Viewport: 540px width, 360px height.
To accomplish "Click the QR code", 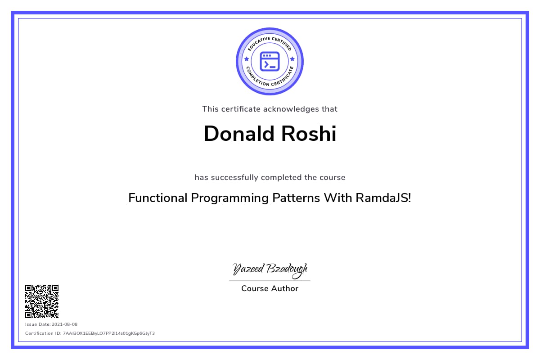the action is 42,301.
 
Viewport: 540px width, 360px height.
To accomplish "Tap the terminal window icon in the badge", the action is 270,62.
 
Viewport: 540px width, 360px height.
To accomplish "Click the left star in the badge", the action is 247,59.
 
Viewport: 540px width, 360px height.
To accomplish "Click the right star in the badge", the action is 292,59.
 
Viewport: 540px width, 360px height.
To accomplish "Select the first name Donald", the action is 239,133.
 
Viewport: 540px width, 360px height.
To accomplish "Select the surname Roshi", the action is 309,133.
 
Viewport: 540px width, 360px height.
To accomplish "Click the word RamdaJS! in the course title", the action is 383,198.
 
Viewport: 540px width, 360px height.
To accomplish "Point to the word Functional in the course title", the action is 158,198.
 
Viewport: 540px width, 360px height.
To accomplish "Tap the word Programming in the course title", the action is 230,198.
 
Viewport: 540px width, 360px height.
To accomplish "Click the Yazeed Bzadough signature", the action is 270,270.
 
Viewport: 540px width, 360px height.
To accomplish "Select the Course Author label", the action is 270,288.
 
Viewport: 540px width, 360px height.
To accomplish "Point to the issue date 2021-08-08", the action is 65,324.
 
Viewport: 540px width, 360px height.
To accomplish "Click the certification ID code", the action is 109,333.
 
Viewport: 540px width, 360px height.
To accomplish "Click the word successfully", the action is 234,178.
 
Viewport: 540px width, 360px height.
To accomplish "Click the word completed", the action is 281,178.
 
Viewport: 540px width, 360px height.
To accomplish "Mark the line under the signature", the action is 270,281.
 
